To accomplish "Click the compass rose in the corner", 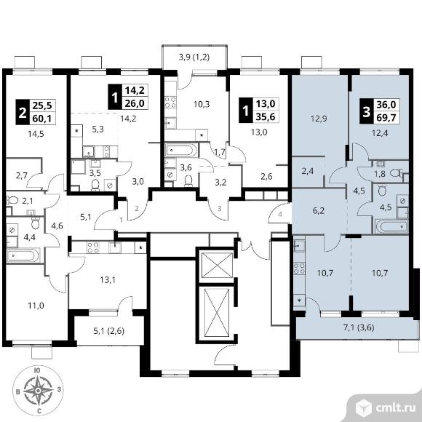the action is point(38,390).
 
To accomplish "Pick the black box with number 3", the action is point(366,111).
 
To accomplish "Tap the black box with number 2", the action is point(23,112).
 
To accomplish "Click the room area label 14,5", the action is point(36,134).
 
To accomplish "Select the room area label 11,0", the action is point(36,306).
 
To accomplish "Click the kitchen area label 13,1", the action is point(108,280).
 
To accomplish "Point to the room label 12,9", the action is point(319,119).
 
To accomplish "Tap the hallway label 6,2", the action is point(319,210).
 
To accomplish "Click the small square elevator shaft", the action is point(217,265).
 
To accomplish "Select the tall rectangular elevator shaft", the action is point(217,312).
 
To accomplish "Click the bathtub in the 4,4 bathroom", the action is point(23,255).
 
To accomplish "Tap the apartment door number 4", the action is point(280,215).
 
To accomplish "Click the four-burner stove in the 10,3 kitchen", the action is point(170,103).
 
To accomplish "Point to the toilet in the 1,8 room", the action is point(397,172).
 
